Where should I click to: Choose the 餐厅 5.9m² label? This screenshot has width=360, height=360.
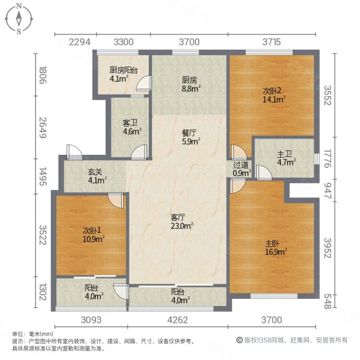[190, 139]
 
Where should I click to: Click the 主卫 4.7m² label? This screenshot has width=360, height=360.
[284, 157]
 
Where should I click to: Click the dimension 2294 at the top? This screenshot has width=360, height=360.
[79, 42]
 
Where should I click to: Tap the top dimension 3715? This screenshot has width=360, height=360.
[271, 42]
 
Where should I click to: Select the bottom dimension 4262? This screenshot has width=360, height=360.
[177, 319]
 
